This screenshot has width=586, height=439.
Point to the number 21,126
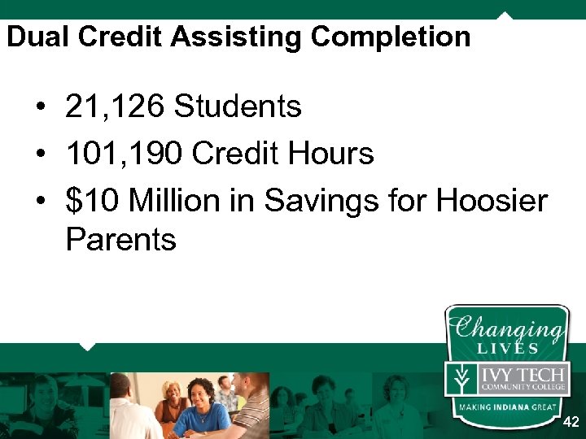(x=114, y=106)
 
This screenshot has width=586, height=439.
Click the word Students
(x=238, y=106)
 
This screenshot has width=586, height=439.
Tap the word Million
(x=178, y=200)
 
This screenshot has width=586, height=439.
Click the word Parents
(x=120, y=240)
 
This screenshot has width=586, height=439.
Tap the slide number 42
(x=571, y=423)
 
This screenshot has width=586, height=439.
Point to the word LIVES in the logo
(x=508, y=349)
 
